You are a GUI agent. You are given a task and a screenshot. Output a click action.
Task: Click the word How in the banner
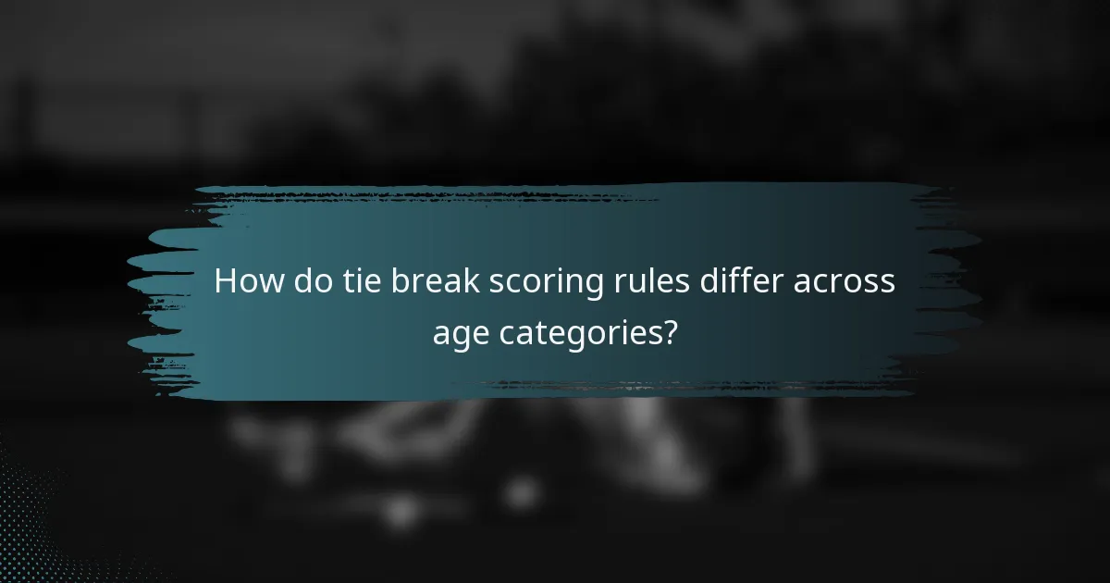(249, 282)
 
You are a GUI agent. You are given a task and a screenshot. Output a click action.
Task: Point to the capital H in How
(225, 282)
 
